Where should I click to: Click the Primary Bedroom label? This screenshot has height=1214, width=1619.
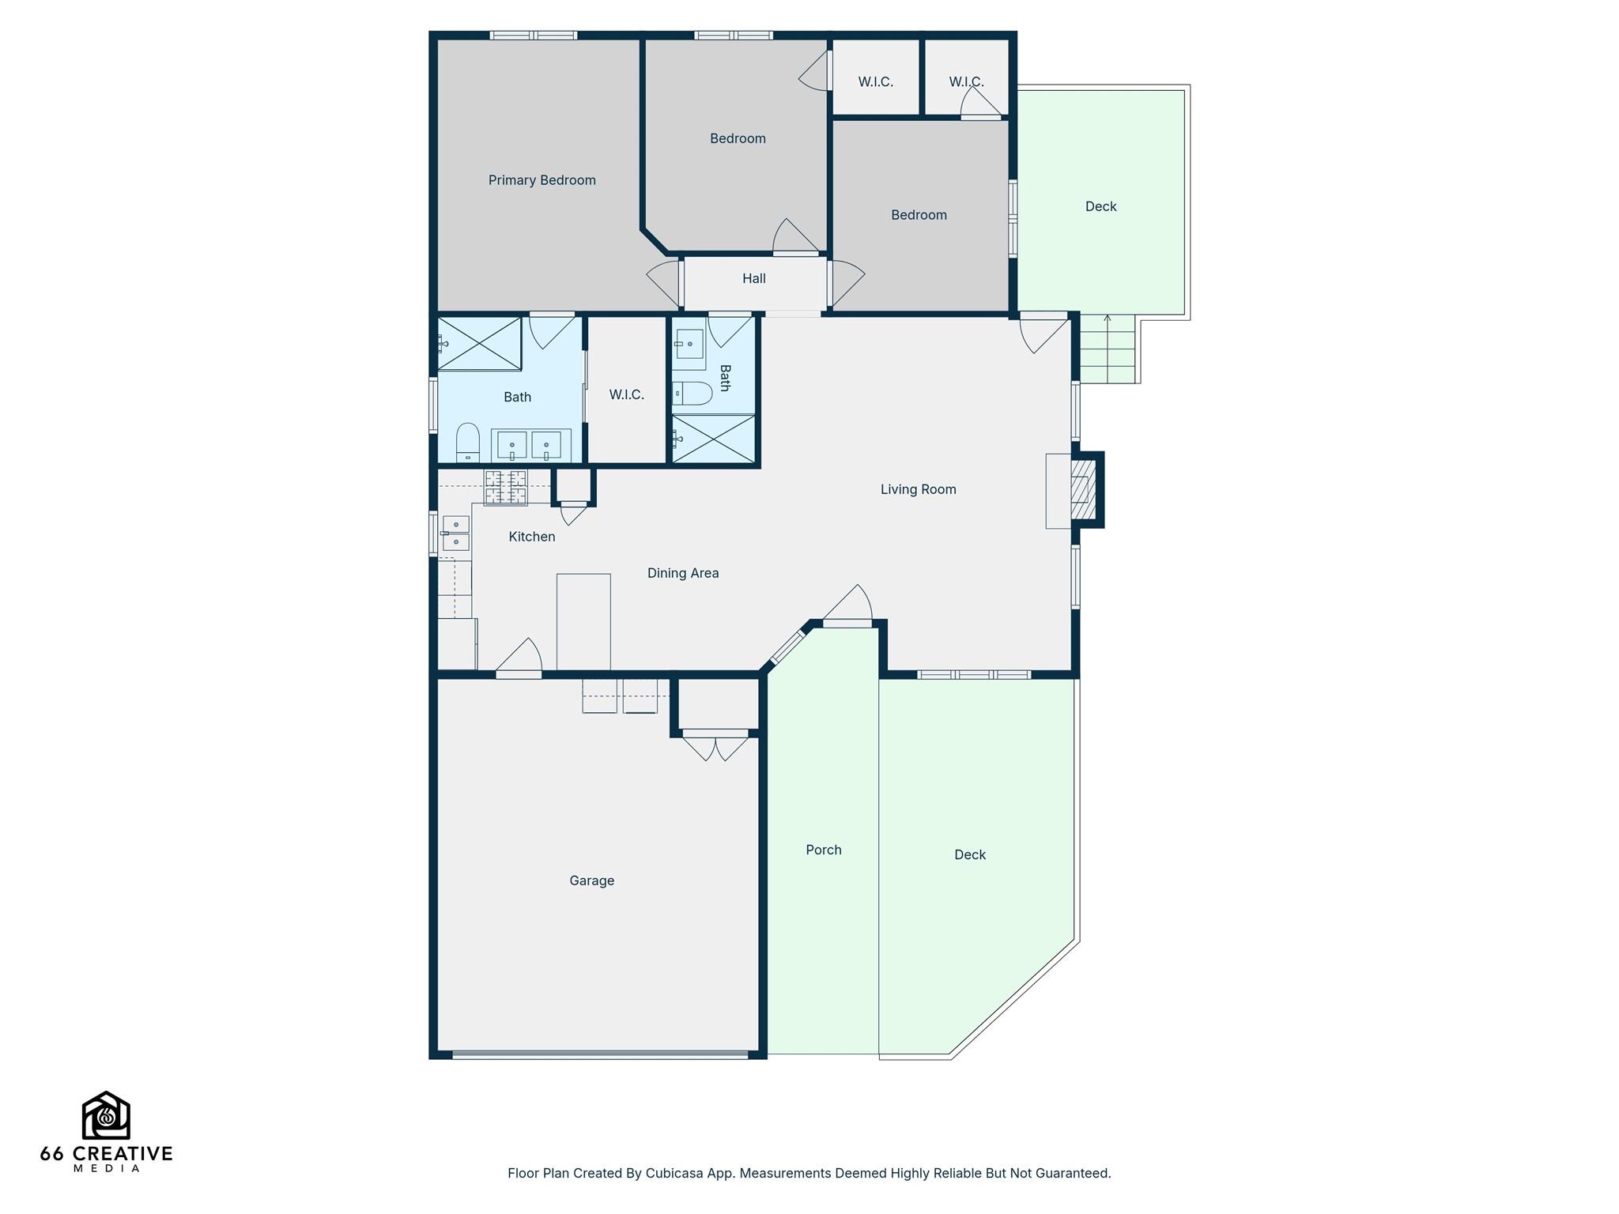tap(542, 180)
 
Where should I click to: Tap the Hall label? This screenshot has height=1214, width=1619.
tap(753, 278)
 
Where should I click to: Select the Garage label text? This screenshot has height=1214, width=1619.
tap(591, 880)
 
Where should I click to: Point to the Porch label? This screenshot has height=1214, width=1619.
tap(823, 850)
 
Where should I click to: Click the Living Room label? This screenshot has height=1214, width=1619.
tap(918, 489)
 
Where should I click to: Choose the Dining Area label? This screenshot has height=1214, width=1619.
tap(682, 573)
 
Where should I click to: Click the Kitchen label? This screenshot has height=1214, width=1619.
tap(531, 537)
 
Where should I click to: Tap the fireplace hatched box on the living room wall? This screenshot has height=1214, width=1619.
tap(1080, 490)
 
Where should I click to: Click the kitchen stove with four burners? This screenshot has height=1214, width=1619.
tap(506, 487)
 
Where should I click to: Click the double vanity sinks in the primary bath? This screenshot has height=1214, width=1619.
tap(530, 446)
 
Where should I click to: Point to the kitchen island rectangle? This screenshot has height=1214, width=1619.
tap(583, 621)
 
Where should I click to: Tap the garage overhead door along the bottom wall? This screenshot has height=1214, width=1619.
tap(599, 1054)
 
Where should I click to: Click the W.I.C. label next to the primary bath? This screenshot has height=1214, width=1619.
tap(626, 394)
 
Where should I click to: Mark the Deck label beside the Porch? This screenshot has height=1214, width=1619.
tap(969, 854)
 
